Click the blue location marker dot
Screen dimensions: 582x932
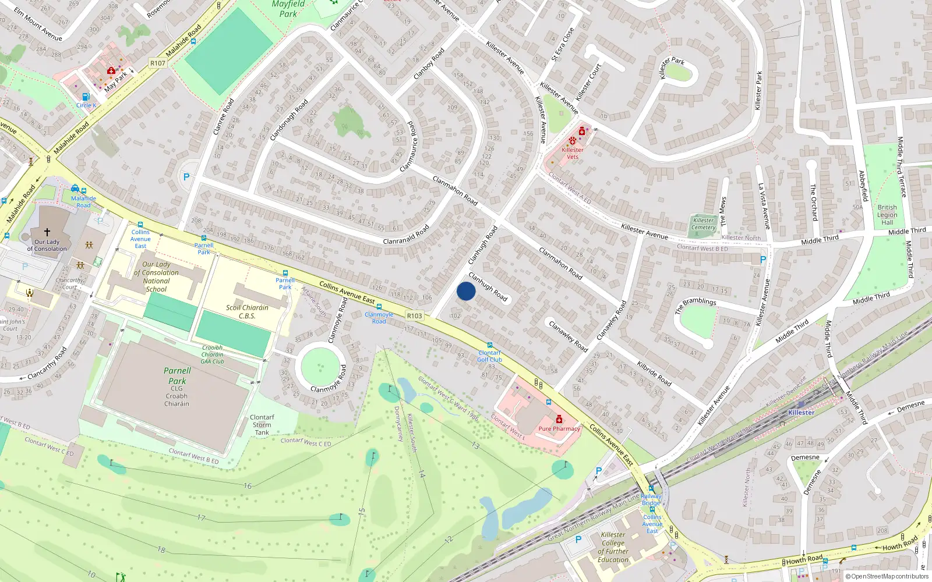pyautogui.click(x=466, y=291)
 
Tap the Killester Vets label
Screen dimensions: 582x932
pyautogui.click(x=573, y=153)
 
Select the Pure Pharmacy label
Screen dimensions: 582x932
pyautogui.click(x=559, y=429)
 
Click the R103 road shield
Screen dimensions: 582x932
pyautogui.click(x=414, y=316)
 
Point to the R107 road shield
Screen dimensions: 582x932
pyautogui.click(x=157, y=63)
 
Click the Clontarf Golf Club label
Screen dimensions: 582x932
pyautogui.click(x=489, y=356)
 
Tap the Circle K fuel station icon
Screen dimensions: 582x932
pyautogui.click(x=86, y=97)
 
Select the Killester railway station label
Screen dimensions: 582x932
pyautogui.click(x=801, y=413)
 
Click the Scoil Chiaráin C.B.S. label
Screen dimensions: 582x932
pyautogui.click(x=247, y=311)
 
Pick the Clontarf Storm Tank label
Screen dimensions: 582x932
pyautogui.click(x=262, y=425)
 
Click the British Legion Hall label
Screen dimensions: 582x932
pyautogui.click(x=887, y=215)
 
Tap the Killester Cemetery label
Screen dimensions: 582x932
pyautogui.click(x=704, y=224)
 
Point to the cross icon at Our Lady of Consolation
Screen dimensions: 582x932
pyautogui.click(x=47, y=232)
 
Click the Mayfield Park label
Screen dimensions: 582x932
pyautogui.click(x=288, y=9)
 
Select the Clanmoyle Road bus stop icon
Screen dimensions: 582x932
pyautogui.click(x=379, y=307)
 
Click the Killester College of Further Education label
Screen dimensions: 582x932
pyautogui.click(x=613, y=547)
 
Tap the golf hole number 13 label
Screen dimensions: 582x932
pyautogui.click(x=475, y=445)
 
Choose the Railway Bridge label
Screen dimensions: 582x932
pyautogui.click(x=651, y=499)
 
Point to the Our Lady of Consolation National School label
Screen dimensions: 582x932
pyautogui.click(x=157, y=276)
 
